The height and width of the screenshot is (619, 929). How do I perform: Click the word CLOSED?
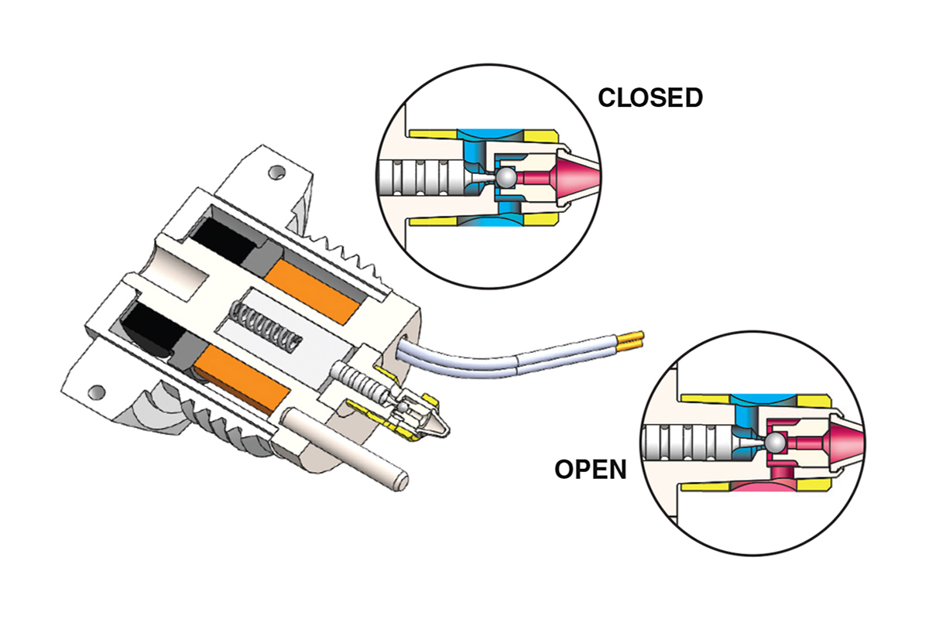pyautogui.click(x=650, y=97)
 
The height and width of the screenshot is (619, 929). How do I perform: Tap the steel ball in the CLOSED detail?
pyautogui.click(x=506, y=177)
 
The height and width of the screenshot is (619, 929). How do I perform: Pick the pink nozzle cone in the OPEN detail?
pyautogui.click(x=841, y=442)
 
